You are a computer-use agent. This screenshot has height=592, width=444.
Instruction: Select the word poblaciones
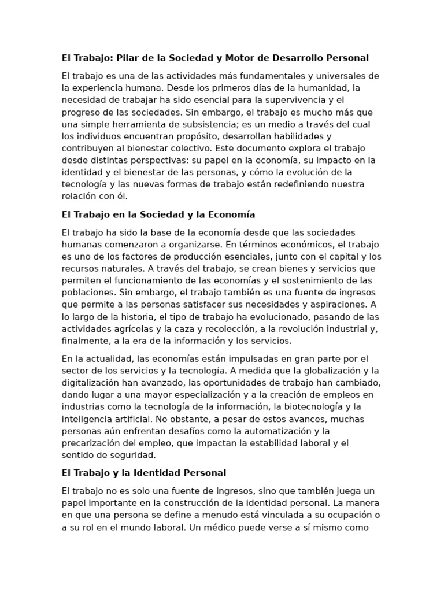click(86, 293)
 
